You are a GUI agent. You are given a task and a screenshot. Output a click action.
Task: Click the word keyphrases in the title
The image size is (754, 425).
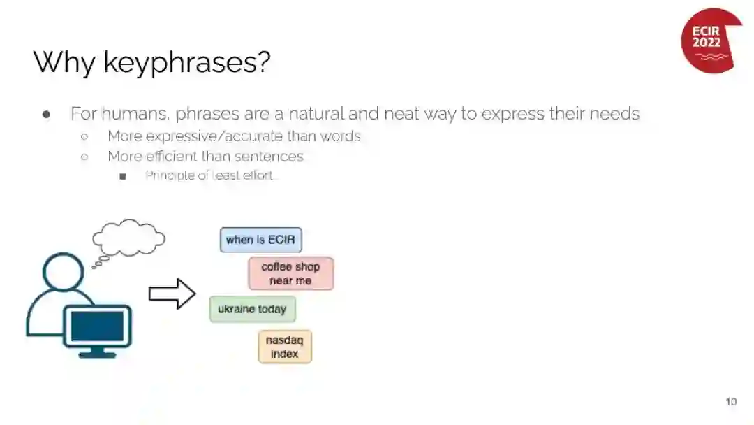pos(186,63)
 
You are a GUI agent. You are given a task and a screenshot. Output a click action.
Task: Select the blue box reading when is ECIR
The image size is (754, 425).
pos(260,240)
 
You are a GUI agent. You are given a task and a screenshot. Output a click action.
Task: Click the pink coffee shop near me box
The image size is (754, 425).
pos(290,273)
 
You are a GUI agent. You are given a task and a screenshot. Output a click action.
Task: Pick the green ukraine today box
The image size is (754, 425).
pos(252,309)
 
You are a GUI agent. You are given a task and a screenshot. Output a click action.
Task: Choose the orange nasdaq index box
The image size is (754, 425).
pos(285,347)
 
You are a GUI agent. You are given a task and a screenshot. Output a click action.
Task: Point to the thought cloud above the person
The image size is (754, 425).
pos(128,238)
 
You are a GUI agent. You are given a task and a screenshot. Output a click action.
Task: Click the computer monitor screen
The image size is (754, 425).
pos(97,326)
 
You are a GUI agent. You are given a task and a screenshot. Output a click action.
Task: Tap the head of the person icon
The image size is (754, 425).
pos(63,272)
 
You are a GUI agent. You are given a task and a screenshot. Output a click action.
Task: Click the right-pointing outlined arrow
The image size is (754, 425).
pos(172,294)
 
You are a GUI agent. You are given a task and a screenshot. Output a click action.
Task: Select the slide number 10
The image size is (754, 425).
pos(731,401)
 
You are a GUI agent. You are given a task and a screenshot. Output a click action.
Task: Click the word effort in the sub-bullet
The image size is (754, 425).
pos(258,175)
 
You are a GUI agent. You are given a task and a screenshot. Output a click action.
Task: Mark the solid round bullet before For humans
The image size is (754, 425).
pos(47,115)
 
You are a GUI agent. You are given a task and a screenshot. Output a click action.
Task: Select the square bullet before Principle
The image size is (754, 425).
pos(123,177)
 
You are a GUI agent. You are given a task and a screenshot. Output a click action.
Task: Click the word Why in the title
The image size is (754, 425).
pos(64,63)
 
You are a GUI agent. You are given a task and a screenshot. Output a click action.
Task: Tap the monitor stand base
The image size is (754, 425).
pos(97,355)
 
